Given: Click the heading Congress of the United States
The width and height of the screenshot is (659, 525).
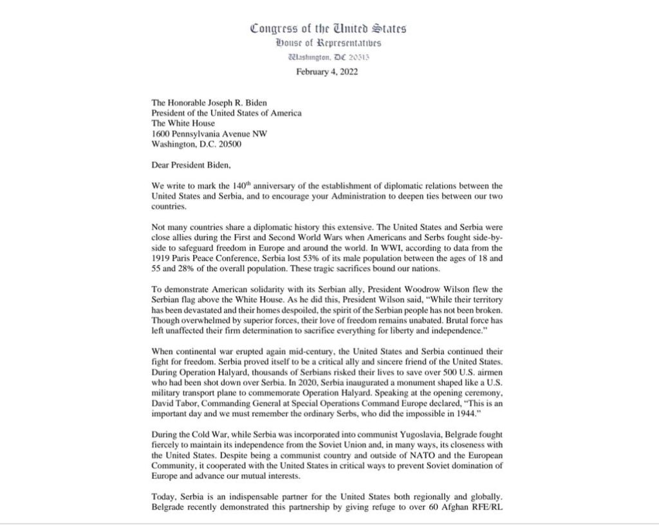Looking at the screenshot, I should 328,28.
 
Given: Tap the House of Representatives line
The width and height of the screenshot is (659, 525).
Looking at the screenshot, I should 328,43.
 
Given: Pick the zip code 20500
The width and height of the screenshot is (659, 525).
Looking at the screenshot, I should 230,144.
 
